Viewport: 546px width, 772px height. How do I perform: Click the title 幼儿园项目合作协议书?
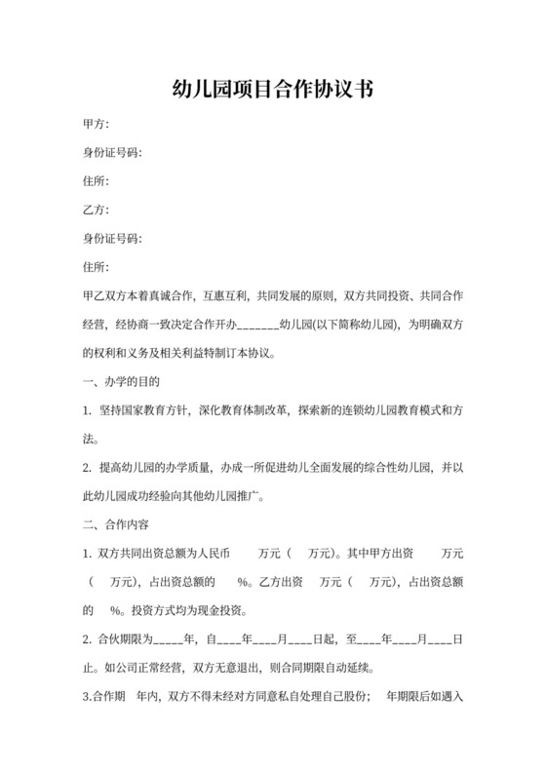point(272,91)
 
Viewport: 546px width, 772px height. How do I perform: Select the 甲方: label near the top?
point(97,125)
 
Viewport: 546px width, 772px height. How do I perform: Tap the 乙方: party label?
point(97,210)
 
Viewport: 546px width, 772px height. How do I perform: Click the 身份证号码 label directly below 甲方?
point(112,153)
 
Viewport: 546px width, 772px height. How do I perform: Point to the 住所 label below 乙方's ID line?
point(97,266)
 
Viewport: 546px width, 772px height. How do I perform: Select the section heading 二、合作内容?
point(116,524)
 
